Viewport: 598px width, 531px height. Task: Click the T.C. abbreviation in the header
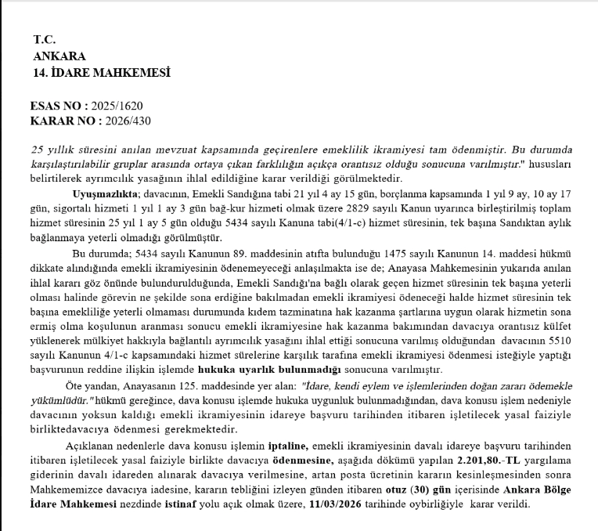click(x=43, y=39)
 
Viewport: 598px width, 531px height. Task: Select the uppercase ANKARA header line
click(x=59, y=56)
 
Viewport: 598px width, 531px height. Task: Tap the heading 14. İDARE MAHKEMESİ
click(x=102, y=73)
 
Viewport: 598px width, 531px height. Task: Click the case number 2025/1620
click(x=117, y=106)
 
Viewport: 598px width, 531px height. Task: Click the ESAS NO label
click(x=59, y=106)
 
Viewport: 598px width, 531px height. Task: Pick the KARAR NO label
click(x=64, y=121)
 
